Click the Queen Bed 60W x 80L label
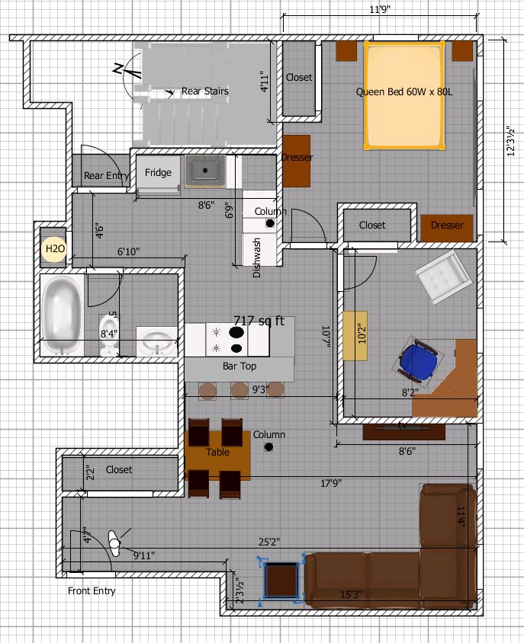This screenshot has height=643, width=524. (x=404, y=92)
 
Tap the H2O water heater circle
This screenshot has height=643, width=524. (x=54, y=249)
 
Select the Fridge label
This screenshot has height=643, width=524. (x=158, y=173)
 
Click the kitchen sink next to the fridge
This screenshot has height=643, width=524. (x=204, y=172)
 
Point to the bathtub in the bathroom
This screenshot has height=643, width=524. (x=62, y=315)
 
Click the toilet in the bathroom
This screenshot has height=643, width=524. (x=109, y=345)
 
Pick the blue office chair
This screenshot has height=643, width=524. (x=418, y=358)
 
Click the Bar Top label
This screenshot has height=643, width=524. (x=239, y=366)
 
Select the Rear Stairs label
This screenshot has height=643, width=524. (x=204, y=91)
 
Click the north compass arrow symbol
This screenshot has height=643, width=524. (x=127, y=71)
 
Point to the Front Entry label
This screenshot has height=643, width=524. (x=92, y=590)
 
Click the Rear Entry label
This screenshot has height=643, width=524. (x=106, y=176)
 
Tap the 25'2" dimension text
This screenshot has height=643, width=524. (x=268, y=542)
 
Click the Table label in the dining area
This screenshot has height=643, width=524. (x=217, y=453)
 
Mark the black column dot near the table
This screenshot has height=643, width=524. (x=268, y=447)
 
